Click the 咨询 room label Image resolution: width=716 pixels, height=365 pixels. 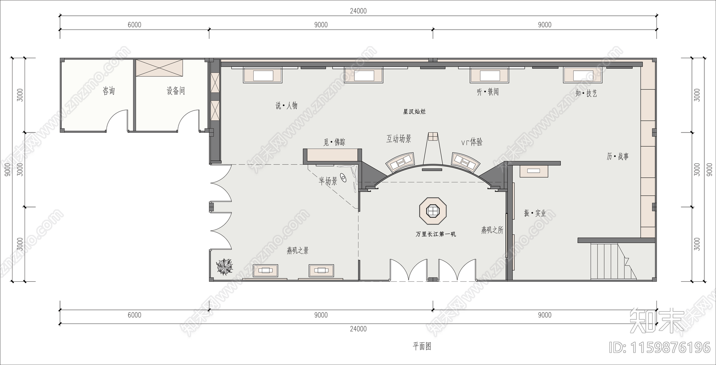click(x=109, y=91)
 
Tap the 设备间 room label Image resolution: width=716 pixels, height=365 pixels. click(x=175, y=91)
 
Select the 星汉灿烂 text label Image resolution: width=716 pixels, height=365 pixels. click(x=414, y=111)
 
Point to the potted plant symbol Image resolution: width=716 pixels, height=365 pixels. click(x=225, y=267)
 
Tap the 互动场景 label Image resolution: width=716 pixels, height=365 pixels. click(x=399, y=139)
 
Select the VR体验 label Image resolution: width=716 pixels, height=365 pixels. click(x=472, y=142)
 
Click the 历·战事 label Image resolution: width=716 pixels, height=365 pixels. click(x=618, y=157)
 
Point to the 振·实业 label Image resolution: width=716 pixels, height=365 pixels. click(x=535, y=213)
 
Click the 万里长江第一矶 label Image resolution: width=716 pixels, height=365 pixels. click(x=435, y=234)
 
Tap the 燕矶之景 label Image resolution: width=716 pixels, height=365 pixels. click(x=298, y=250)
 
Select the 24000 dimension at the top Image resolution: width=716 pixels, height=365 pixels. click(x=358, y=11)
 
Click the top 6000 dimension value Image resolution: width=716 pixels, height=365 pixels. click(x=134, y=25)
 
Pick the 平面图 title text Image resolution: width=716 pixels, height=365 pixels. click(x=422, y=346)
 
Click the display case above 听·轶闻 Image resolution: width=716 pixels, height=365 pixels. click(x=490, y=75)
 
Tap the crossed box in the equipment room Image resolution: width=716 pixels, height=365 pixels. click(x=160, y=68)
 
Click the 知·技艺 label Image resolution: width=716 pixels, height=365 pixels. click(x=586, y=93)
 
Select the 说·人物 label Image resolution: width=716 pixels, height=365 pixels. click(x=286, y=106)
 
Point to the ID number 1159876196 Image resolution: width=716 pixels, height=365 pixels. click(x=660, y=347)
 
